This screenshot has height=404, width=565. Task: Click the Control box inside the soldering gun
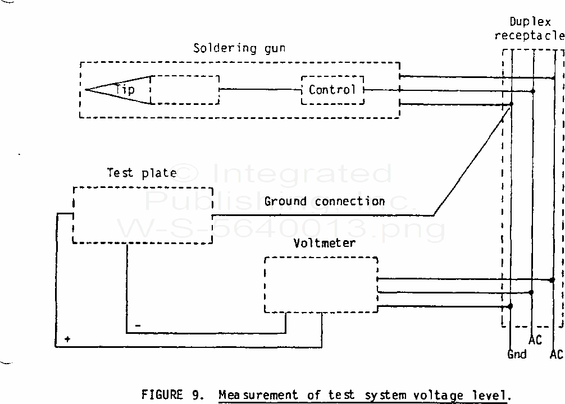[332, 90]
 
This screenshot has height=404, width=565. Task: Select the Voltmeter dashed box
[321, 284]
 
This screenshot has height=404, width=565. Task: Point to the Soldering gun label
[239, 48]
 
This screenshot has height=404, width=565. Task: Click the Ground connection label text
[325, 201]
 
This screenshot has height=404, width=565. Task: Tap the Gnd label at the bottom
[517, 354]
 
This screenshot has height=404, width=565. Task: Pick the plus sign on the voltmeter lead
[67, 339]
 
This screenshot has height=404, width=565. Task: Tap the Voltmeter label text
[325, 243]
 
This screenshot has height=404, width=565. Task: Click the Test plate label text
[142, 173]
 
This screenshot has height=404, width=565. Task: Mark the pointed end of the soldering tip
[86, 90]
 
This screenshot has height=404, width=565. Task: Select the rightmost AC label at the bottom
[556, 354]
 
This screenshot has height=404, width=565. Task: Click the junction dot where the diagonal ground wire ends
[511, 104]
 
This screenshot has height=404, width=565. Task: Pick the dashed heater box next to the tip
[185, 90]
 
